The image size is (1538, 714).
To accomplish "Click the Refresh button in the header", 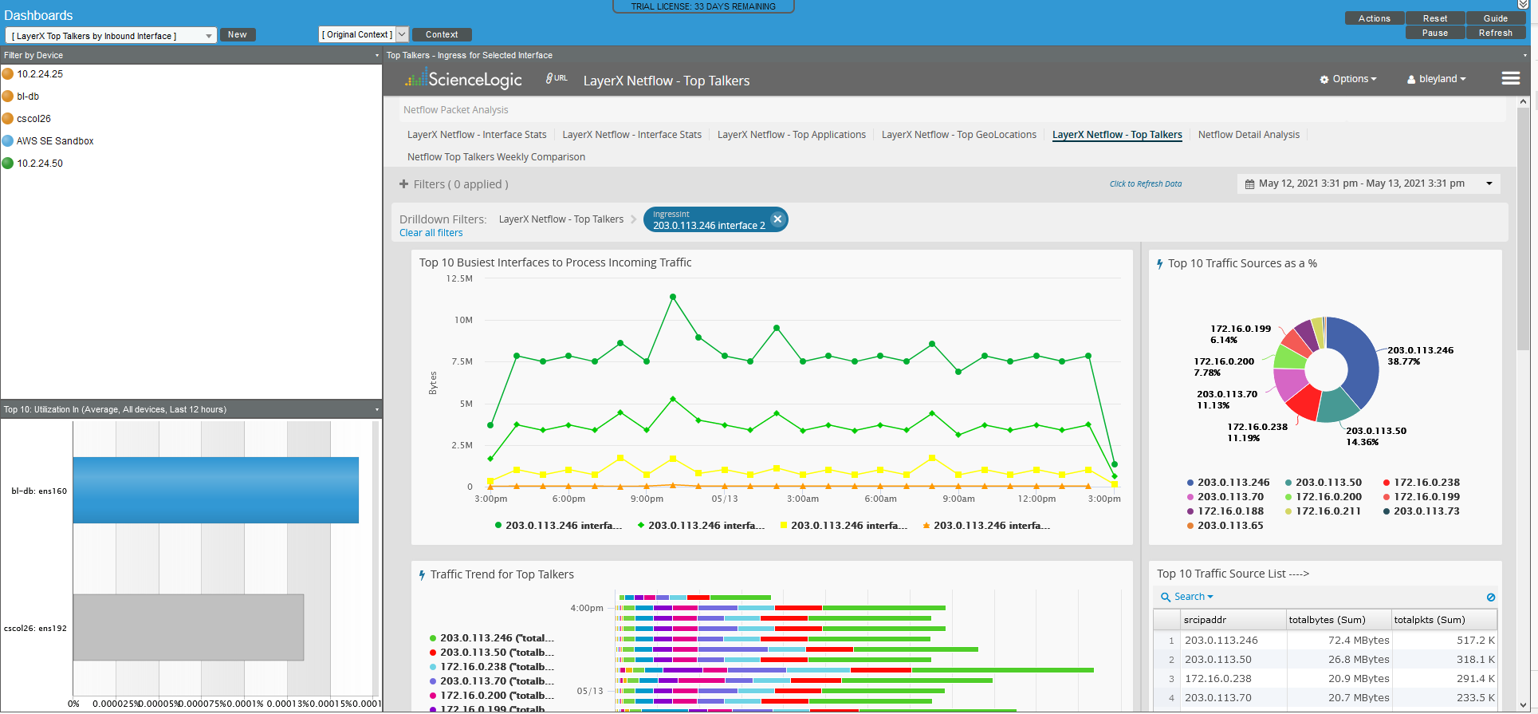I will pos(1495,33).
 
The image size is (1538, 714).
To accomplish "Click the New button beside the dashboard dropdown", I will pos(237,34).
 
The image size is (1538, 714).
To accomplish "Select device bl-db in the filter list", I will pos(28,96).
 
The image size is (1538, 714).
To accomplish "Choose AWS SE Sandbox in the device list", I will pos(55,140).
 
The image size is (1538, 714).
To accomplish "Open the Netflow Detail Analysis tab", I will pos(1248,135).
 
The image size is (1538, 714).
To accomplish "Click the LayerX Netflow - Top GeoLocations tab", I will pos(958,135).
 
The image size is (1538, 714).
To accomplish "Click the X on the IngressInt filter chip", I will pos(777,219).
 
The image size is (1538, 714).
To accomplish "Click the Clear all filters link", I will pos(431,233).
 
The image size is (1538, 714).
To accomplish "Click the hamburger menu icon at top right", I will pos(1510,78).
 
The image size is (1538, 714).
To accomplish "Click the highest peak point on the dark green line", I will pos(673,297).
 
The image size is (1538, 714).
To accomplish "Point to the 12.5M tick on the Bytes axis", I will pos(459,278).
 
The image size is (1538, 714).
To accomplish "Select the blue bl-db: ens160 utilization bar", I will pos(215,490).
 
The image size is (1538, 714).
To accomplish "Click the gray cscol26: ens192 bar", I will pos(188,627).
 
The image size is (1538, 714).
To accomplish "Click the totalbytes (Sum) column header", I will pos(1327,620).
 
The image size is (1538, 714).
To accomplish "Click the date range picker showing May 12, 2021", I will pos(1367,183).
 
